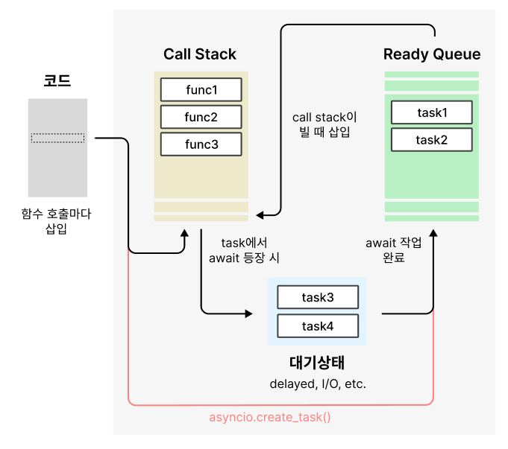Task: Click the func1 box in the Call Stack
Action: point(201,89)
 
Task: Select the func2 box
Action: point(201,117)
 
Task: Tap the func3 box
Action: point(201,144)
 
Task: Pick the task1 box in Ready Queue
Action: point(432,112)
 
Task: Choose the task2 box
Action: point(432,140)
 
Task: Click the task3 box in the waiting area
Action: point(318,297)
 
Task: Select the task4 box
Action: point(318,325)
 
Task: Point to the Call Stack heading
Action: point(200,54)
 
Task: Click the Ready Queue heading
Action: point(432,54)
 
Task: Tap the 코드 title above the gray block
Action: point(57,80)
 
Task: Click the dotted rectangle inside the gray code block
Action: point(57,138)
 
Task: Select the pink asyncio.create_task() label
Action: point(270,417)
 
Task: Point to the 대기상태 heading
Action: point(317,363)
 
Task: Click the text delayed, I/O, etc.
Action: point(318,384)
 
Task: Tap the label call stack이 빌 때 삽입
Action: point(324,124)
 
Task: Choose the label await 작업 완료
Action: point(394,249)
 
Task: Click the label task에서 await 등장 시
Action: point(244,250)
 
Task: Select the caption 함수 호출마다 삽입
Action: point(57,221)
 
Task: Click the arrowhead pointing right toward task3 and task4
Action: point(249,313)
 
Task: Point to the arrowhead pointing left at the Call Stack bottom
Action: point(260,214)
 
